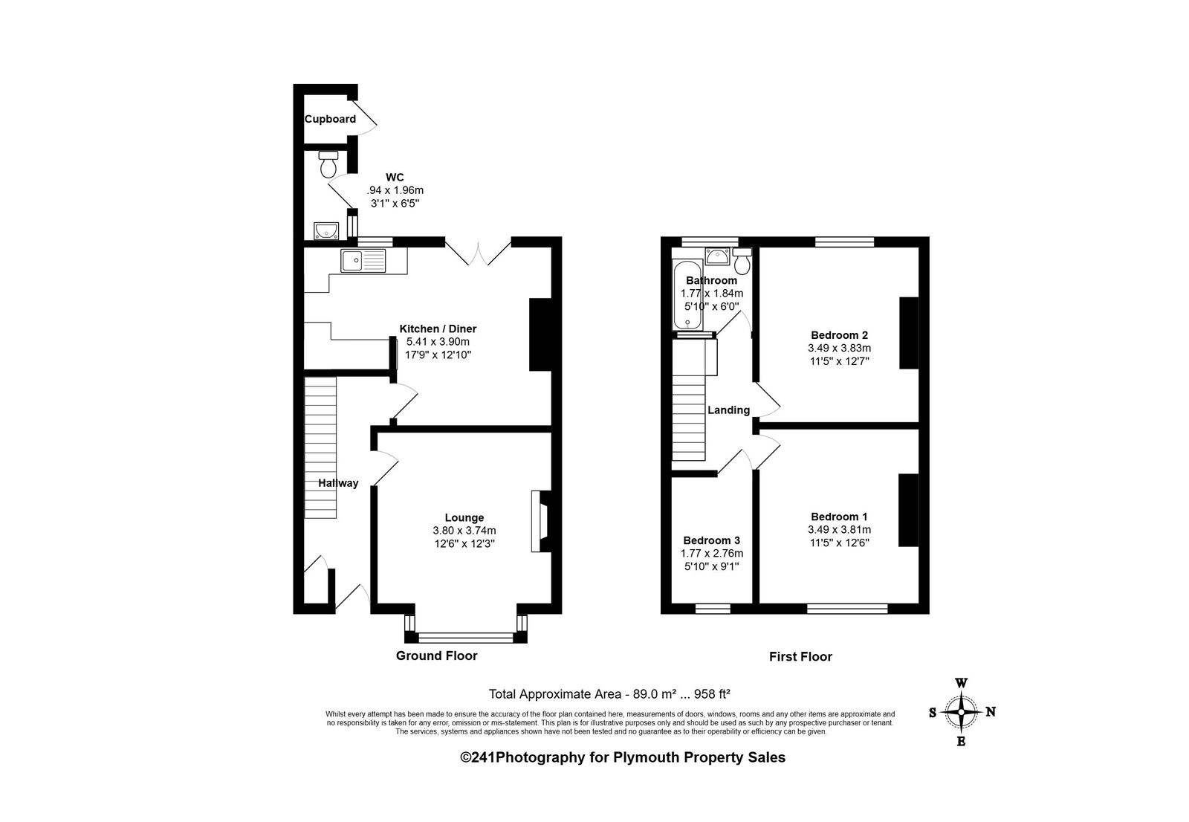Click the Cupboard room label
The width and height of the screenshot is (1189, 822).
(x=330, y=119)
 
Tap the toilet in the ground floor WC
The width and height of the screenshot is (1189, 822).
(x=328, y=164)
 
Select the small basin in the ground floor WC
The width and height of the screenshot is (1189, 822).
(x=326, y=230)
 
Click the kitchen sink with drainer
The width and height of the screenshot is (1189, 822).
(x=363, y=261)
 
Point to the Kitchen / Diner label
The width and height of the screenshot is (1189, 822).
(x=438, y=329)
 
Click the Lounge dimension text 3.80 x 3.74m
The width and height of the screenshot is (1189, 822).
(x=464, y=531)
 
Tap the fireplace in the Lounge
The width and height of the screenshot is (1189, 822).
(x=540, y=521)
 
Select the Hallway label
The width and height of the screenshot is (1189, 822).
(x=338, y=483)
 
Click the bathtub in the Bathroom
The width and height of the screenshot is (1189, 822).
(x=687, y=295)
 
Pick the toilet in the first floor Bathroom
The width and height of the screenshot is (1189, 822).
(x=742, y=261)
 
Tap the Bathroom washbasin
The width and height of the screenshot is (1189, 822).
(x=718, y=256)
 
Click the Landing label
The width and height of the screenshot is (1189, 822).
(x=728, y=410)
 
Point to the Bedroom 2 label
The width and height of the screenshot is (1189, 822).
(x=839, y=335)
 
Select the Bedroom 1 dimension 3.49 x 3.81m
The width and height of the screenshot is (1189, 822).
(x=839, y=529)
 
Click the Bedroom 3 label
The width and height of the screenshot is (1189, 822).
(x=711, y=540)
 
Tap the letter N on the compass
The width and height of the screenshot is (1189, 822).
(x=991, y=712)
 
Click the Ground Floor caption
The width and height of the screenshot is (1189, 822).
(x=436, y=656)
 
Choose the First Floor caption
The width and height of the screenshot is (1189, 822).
(x=800, y=657)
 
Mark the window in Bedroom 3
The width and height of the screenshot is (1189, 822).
(x=713, y=609)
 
